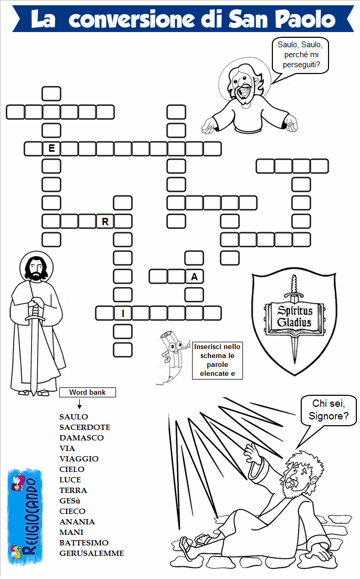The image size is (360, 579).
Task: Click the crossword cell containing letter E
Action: (51, 149)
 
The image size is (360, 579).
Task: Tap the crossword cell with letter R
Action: (105, 222)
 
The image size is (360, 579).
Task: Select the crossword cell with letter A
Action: (194, 277)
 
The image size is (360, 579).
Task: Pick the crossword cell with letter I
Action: (123, 313)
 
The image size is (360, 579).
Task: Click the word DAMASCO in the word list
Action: (81, 438)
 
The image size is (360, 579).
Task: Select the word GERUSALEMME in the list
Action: (91, 553)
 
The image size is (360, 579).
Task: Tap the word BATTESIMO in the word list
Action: (84, 543)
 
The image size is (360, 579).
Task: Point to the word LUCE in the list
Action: (70, 480)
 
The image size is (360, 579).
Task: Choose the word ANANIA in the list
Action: (77, 522)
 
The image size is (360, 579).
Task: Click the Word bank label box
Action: (88, 392)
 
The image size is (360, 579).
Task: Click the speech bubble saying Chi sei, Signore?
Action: (328, 410)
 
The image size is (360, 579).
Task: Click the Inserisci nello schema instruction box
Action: (217, 361)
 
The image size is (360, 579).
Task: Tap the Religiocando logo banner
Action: (25, 518)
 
